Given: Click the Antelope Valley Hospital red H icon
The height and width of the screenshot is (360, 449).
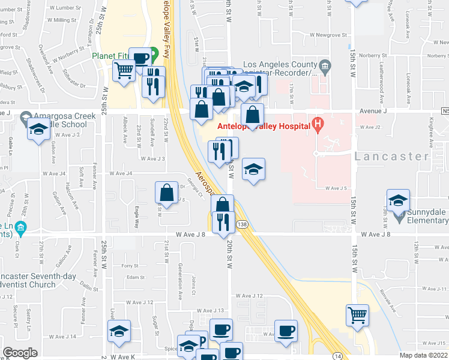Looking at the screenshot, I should pos(319,125).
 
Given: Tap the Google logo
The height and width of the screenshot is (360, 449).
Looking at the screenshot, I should pos(20,353).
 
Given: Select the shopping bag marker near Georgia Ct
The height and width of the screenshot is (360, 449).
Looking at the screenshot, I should pos(166,193).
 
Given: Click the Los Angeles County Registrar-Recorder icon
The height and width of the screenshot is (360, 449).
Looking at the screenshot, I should pos(325,65).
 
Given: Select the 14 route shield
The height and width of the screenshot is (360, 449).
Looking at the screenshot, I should pos(338,356).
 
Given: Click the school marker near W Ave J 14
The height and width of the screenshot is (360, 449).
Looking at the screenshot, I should pos(119,331).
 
